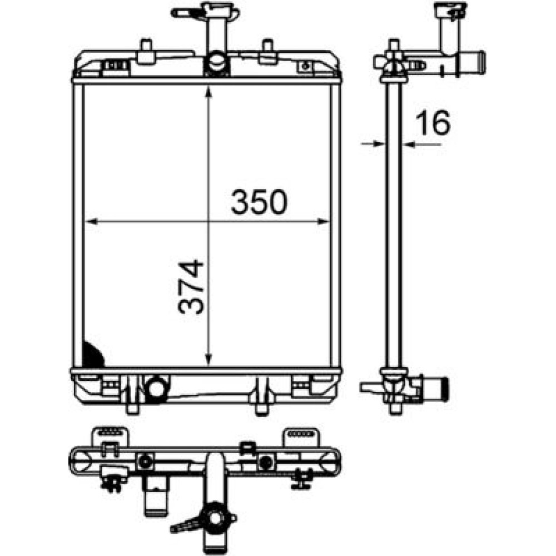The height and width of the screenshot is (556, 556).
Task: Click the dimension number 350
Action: [259, 202]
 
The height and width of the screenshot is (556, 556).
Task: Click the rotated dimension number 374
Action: [191, 287]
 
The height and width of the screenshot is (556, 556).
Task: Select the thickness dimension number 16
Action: [433, 123]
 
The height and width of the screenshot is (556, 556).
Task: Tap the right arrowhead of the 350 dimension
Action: [324, 222]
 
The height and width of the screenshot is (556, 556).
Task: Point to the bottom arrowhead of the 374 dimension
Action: [209, 359]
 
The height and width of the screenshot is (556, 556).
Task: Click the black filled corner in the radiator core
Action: [92, 355]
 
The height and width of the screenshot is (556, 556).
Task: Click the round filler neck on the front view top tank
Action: [216, 63]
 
